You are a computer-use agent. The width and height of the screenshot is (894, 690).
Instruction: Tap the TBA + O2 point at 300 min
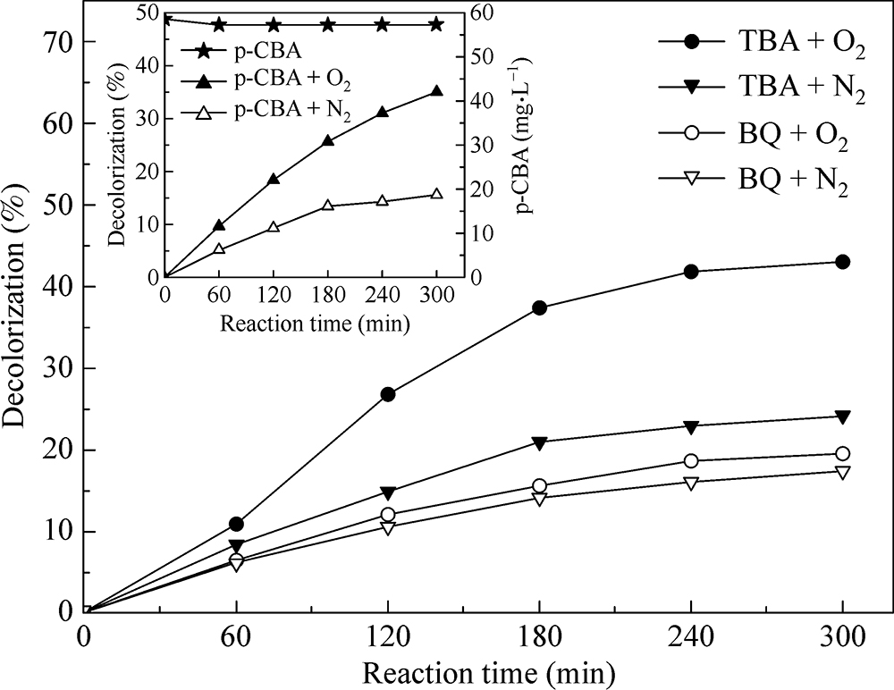[842, 261]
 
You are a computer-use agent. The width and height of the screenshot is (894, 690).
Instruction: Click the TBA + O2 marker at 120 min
[388, 394]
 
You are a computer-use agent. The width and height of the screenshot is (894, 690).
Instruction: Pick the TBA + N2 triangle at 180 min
[540, 442]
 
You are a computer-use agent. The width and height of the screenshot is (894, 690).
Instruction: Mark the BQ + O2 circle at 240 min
[691, 461]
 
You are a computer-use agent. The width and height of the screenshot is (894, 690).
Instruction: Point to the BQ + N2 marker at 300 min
[842, 472]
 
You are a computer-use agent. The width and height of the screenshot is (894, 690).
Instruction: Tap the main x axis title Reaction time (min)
[463, 669]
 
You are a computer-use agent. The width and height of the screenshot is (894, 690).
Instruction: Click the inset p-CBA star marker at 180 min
[328, 24]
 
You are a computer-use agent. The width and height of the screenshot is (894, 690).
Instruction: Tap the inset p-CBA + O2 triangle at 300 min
[436, 91]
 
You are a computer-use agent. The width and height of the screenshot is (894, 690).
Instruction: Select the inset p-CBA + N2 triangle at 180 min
[328, 205]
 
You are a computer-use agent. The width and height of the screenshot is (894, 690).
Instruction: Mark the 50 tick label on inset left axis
[142, 13]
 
